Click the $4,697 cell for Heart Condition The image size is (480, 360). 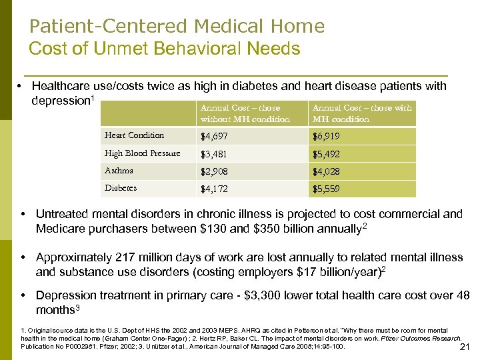(x=215, y=137)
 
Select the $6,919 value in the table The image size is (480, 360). (x=326, y=137)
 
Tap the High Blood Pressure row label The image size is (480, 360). (x=142, y=153)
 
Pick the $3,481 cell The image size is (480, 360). (x=215, y=154)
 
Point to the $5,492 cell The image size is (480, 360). (x=326, y=154)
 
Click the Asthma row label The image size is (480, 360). (x=119, y=171)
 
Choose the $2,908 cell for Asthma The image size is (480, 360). (x=215, y=171)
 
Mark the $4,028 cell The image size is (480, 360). (x=326, y=171)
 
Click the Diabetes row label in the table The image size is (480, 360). (x=121, y=188)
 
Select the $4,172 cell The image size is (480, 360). (x=215, y=189)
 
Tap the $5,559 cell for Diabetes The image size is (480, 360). (x=326, y=189)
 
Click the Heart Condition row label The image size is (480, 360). (x=134, y=135)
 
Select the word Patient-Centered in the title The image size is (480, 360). (x=109, y=26)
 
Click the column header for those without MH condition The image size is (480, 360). (x=245, y=113)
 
